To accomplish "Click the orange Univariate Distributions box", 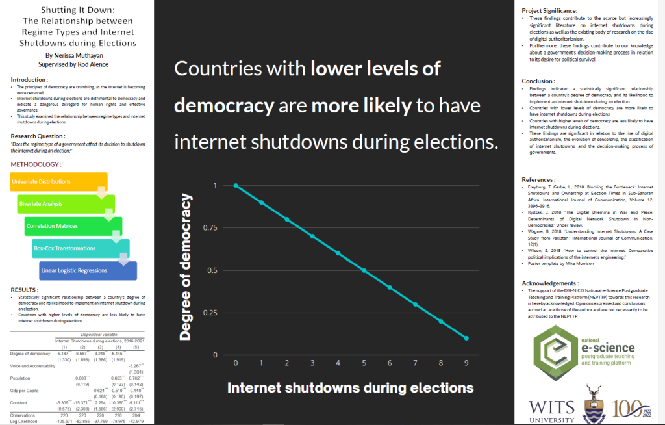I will click(52, 181).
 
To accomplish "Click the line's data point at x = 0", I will click(236, 185).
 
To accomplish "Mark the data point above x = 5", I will click(364, 270).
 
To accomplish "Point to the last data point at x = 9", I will click(466, 338).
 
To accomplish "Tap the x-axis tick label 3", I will click(312, 363).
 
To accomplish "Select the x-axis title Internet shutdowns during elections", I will click(350, 388).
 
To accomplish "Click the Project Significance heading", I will click(549, 10).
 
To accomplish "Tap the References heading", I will click(539, 179).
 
